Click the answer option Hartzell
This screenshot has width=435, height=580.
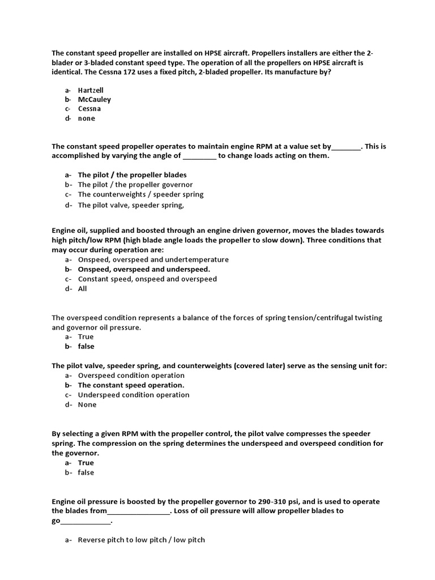click(x=91, y=90)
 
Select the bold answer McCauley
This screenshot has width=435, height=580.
click(x=94, y=100)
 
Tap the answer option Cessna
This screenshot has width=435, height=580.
click(x=89, y=109)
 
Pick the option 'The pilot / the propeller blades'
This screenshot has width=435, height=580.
click(x=132, y=175)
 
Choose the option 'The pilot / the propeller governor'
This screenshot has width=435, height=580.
click(x=135, y=185)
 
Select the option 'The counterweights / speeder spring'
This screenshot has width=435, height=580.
click(x=140, y=194)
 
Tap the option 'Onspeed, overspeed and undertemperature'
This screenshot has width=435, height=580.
click(x=153, y=259)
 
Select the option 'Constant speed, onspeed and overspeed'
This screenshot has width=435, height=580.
click(x=147, y=279)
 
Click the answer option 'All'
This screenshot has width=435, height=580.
click(x=83, y=288)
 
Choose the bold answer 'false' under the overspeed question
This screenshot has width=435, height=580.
click(x=86, y=346)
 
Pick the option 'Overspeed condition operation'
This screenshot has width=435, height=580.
click(x=131, y=376)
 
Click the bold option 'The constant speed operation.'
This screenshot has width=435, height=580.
click(x=131, y=385)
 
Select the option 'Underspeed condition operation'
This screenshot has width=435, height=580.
click(x=134, y=395)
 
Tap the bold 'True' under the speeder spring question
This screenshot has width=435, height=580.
click(x=86, y=463)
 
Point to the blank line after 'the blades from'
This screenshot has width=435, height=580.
click(x=138, y=511)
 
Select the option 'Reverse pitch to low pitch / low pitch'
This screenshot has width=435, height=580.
click(x=141, y=540)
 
